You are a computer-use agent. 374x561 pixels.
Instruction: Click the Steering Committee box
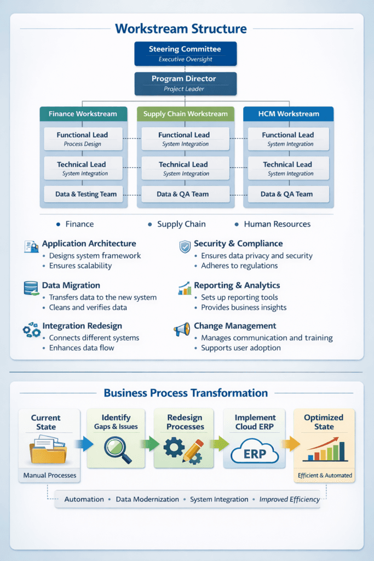[185, 53]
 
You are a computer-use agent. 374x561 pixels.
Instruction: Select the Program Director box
[185, 83]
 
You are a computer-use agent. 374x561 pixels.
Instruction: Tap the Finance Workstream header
[83, 114]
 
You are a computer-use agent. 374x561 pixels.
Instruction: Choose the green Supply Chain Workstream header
[185, 114]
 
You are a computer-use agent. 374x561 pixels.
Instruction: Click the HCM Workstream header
[288, 114]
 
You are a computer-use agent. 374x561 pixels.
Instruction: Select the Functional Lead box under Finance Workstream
[83, 139]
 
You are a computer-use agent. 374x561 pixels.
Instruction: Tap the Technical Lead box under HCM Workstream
[288, 169]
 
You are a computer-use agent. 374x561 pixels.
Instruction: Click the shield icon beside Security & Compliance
[185, 247]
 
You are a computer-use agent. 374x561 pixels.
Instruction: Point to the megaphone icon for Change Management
[182, 329]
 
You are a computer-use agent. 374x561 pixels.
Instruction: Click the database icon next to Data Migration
[31, 288]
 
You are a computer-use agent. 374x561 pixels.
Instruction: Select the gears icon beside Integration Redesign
[31, 329]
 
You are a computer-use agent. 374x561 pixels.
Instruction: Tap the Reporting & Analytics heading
[237, 285]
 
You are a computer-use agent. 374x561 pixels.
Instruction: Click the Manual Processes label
[49, 475]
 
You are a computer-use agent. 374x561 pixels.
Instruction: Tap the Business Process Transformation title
[186, 393]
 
